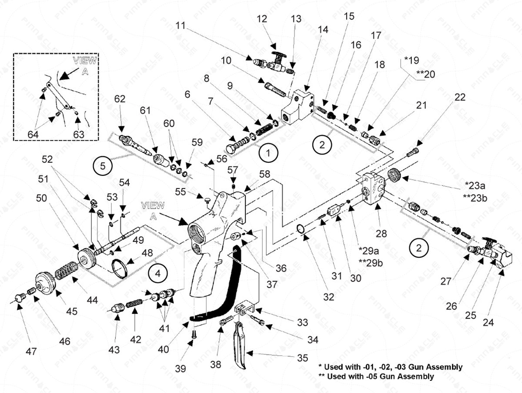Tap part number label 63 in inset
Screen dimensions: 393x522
pos(78,134)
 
